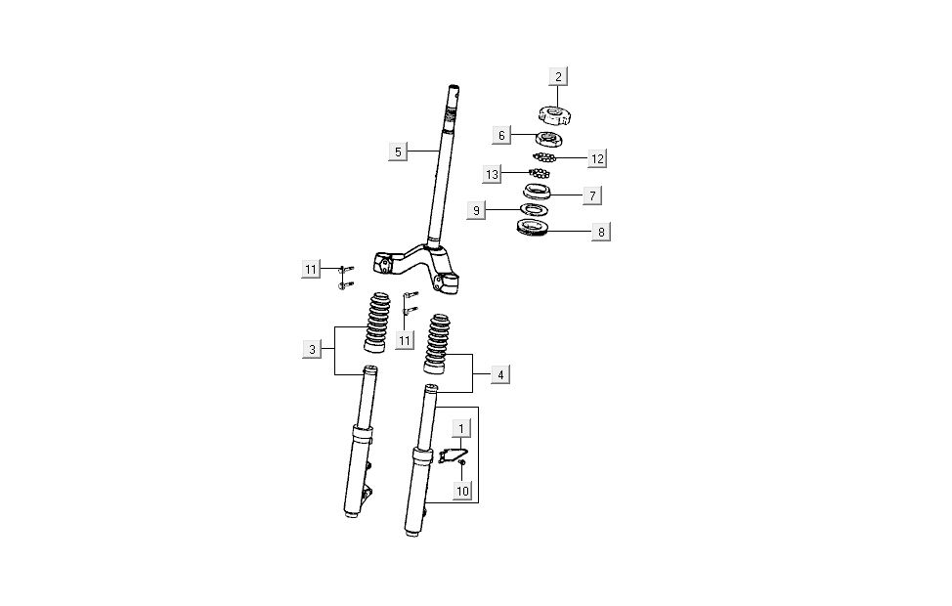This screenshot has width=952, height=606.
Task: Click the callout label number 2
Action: click(x=559, y=76)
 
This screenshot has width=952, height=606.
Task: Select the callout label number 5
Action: click(x=396, y=151)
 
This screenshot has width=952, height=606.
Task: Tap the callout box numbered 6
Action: click(x=501, y=136)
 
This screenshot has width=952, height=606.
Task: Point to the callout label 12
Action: click(x=598, y=157)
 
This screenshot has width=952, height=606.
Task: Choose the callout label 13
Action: click(x=493, y=174)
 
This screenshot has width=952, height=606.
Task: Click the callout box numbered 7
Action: click(x=592, y=195)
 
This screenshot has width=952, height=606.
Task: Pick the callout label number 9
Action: click(x=477, y=209)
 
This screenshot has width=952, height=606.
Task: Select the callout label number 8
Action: click(x=602, y=232)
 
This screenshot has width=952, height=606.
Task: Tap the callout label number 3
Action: click(x=312, y=349)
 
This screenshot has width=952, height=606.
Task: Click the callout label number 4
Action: click(x=499, y=374)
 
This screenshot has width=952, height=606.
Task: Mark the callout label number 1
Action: click(x=462, y=428)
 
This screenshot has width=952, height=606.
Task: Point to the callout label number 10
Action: click(x=462, y=489)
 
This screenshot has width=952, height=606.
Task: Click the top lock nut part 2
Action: click(x=554, y=118)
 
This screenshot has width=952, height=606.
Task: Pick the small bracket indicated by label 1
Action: click(x=451, y=453)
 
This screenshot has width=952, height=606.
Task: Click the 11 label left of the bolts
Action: click(x=311, y=270)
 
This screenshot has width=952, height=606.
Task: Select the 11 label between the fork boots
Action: click(x=402, y=338)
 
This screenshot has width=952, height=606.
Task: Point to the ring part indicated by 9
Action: click(x=533, y=209)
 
